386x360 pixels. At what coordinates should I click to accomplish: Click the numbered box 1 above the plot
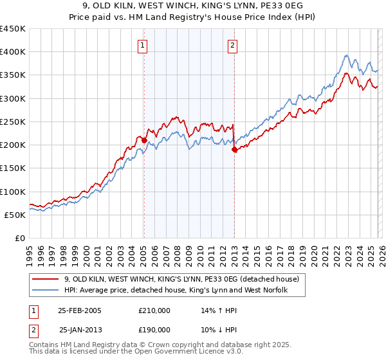pyautogui.click(x=142, y=45)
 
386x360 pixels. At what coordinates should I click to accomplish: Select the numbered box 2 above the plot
pyautogui.click(x=232, y=45)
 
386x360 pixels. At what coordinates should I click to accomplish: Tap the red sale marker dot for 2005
pyautogui.click(x=144, y=140)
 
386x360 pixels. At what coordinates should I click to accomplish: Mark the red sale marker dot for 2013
pyautogui.click(x=234, y=149)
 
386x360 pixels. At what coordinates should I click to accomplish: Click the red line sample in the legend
pyautogui.click(x=46, y=280)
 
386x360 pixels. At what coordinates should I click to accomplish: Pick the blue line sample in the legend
pyautogui.click(x=46, y=291)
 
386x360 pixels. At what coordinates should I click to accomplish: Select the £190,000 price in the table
pyautogui.click(x=154, y=330)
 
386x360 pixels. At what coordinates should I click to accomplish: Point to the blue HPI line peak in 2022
pyautogui.click(x=346, y=55)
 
